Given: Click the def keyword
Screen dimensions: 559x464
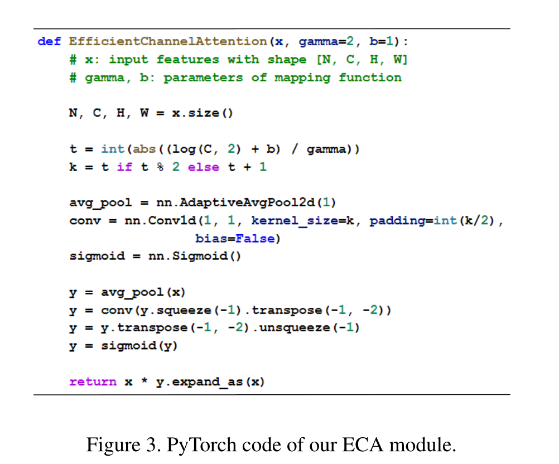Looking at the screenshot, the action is pyautogui.click(x=49, y=41).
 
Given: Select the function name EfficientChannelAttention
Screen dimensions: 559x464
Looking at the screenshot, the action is pyautogui.click(x=168, y=41).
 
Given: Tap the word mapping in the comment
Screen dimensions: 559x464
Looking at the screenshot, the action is pyautogui.click(x=302, y=78).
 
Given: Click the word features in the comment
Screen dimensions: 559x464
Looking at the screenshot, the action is pyautogui.click(x=188, y=60).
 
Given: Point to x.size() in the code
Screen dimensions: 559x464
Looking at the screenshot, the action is pyautogui.click(x=202, y=113).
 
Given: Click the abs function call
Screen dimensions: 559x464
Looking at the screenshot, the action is pyautogui.click(x=144, y=149).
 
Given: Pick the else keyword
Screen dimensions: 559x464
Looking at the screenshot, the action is pyautogui.click(x=204, y=167).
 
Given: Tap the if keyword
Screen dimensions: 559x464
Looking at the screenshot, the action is pyautogui.click(x=124, y=167).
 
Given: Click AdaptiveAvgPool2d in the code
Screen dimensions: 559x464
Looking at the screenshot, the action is pyautogui.click(x=247, y=203).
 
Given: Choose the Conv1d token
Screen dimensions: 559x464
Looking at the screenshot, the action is pyautogui.click(x=172, y=221).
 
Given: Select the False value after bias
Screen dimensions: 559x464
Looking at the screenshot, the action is pyautogui.click(x=255, y=239).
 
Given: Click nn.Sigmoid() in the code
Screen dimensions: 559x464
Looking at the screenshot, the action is pyautogui.click(x=194, y=256).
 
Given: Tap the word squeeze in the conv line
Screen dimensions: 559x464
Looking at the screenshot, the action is pyautogui.click(x=184, y=311).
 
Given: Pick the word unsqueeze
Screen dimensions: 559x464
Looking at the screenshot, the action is pyautogui.click(x=295, y=328).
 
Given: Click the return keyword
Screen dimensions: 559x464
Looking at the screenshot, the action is pyautogui.click(x=93, y=382).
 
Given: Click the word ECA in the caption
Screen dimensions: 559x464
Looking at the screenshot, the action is pyautogui.click(x=363, y=444).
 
